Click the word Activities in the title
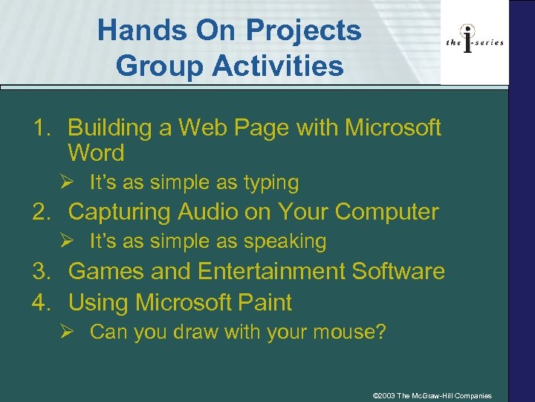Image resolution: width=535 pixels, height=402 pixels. tap(271, 66)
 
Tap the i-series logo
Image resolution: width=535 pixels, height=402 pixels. tap(475, 42)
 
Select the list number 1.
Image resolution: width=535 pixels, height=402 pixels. tap(40, 128)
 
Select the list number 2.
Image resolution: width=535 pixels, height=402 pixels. tap(40, 212)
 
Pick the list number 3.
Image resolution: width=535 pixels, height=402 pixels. tap(40, 272)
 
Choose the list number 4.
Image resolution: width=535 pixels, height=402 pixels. tap(40, 303)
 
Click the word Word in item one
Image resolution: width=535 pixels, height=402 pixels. tap(96, 154)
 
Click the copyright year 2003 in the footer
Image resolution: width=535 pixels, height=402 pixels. tap(386, 395)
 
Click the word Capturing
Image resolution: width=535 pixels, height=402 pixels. tap(120, 212)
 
